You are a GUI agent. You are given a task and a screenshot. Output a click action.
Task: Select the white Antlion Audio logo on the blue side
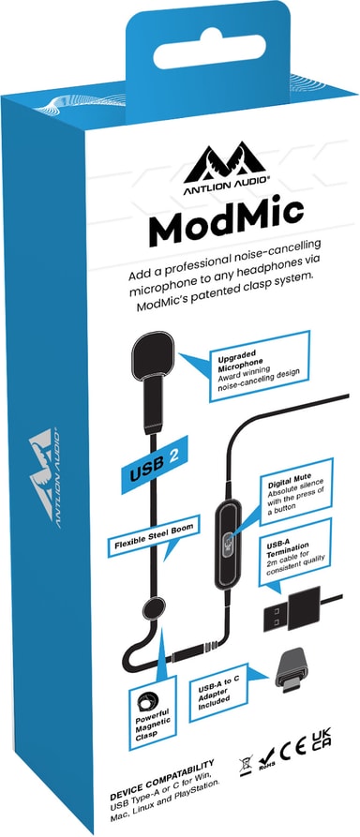click(44, 477)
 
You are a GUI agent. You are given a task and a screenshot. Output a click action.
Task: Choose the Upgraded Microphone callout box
click(259, 366)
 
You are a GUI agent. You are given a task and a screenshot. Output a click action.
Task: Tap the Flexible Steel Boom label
click(154, 535)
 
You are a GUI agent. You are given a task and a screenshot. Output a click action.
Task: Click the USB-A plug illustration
click(292, 609)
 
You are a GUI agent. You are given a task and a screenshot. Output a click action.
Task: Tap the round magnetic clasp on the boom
click(154, 609)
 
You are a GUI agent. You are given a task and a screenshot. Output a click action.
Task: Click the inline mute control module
click(227, 544)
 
